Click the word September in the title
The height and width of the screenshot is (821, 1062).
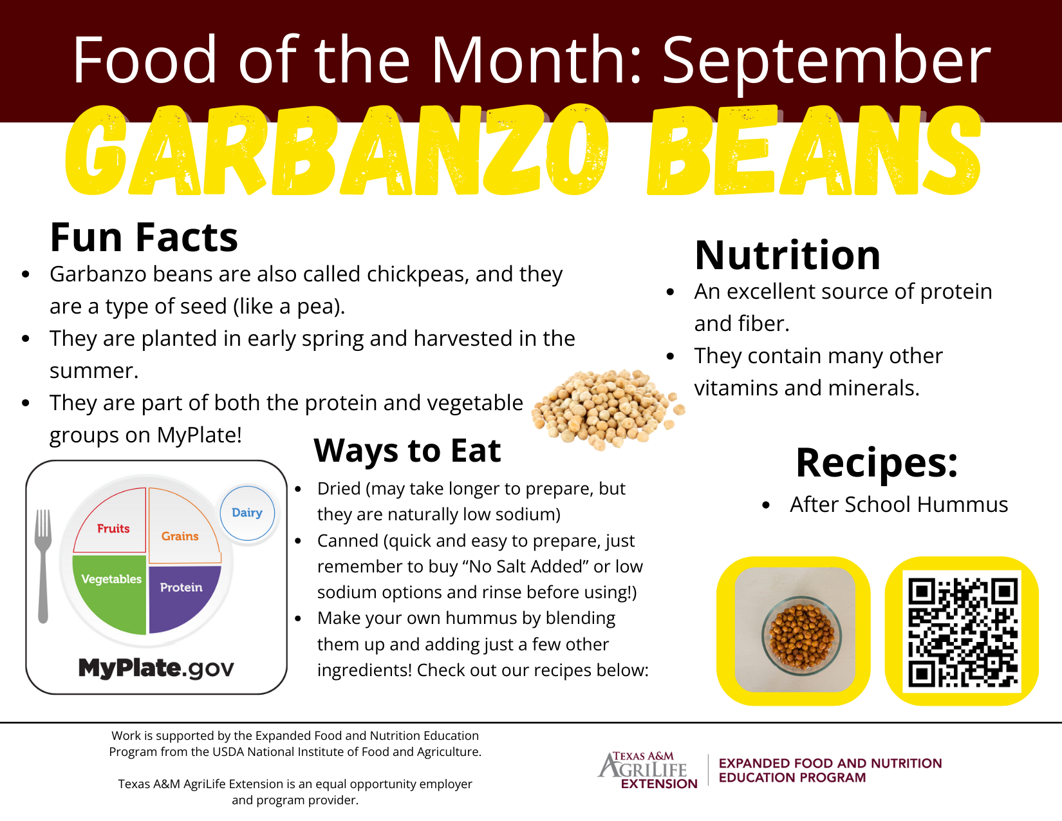point(826,62)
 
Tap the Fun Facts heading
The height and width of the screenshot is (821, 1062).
point(144,238)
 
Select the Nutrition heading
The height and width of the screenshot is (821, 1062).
point(787,255)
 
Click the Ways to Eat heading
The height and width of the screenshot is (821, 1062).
point(407,450)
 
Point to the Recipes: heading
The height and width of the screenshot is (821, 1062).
point(877,463)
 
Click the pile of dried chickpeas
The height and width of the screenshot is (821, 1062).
point(608,409)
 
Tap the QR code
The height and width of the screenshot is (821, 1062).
point(962,631)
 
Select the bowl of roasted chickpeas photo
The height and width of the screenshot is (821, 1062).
point(795,630)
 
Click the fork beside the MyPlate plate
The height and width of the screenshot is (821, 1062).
point(43,566)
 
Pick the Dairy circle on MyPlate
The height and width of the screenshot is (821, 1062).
point(247,513)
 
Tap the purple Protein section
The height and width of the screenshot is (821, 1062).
point(182,596)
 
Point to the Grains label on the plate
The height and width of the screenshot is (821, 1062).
point(180,536)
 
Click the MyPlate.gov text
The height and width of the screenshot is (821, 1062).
point(156,668)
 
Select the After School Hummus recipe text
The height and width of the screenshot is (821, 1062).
point(899,505)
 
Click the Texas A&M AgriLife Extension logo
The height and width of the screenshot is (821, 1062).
point(648,770)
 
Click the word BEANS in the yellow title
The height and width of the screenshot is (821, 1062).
point(814,150)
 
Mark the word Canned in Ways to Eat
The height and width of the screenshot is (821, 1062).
point(348,542)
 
